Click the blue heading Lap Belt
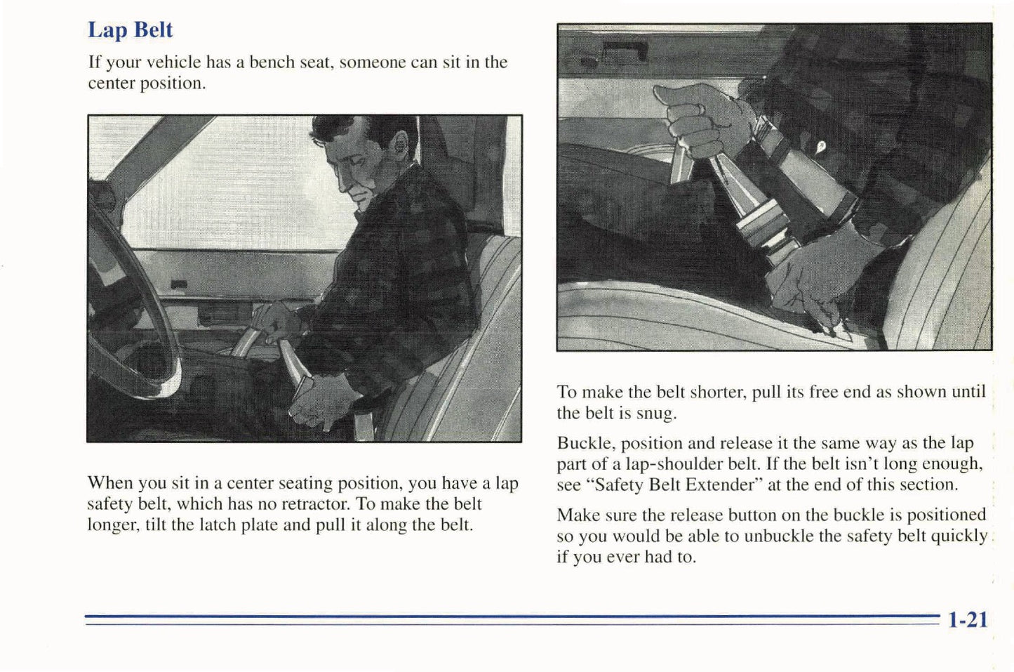(x=130, y=30)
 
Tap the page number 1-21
(x=968, y=619)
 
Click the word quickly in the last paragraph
(x=959, y=536)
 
